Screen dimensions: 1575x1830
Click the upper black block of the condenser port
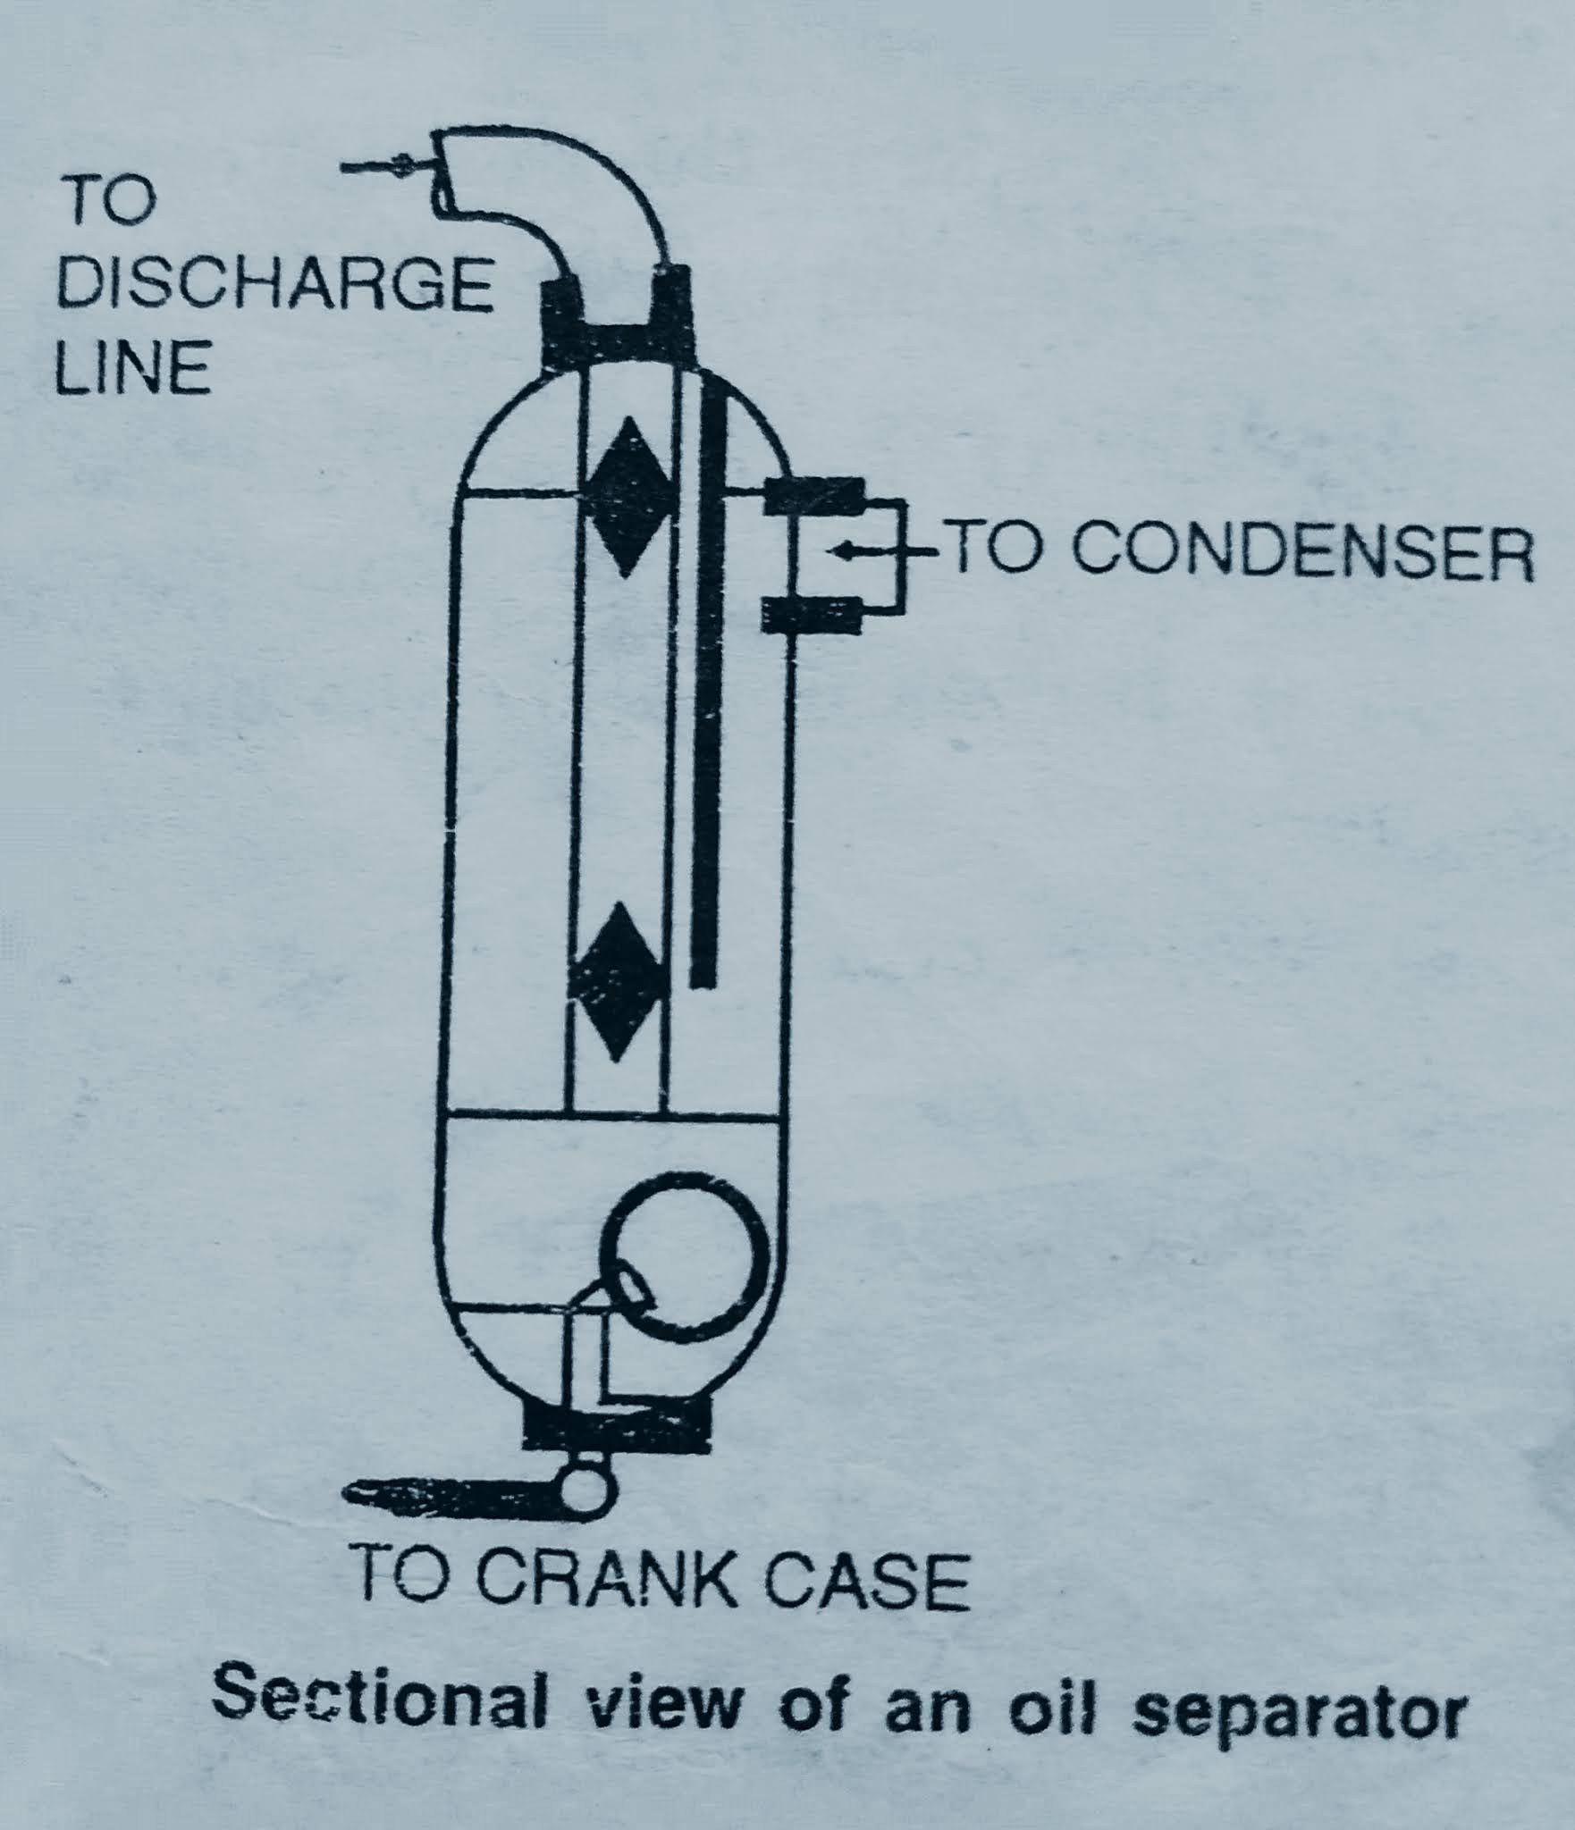814,495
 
